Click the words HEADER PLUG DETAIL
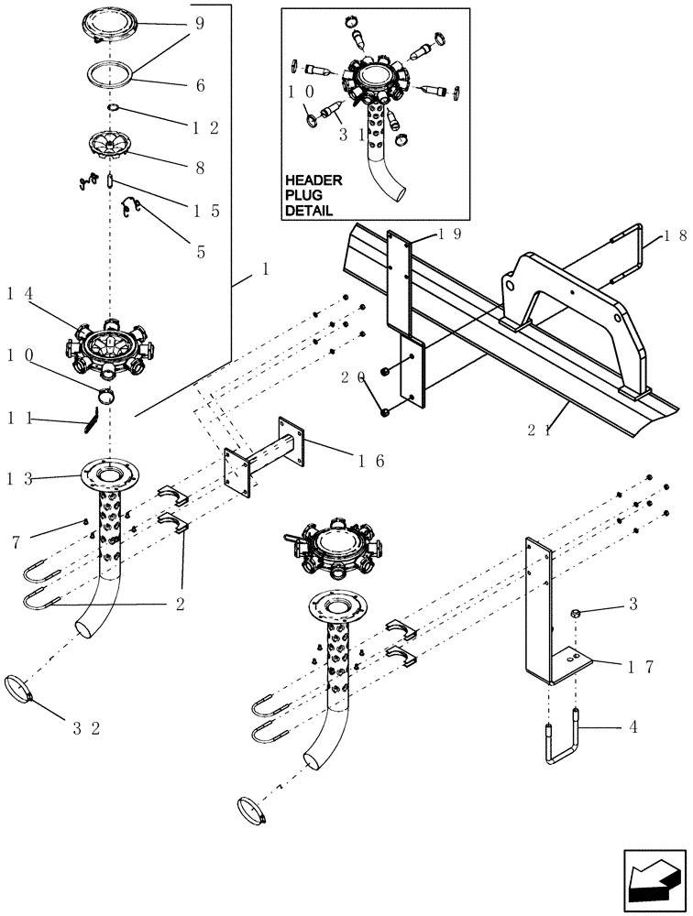point(313,195)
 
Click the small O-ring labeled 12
point(112,109)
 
